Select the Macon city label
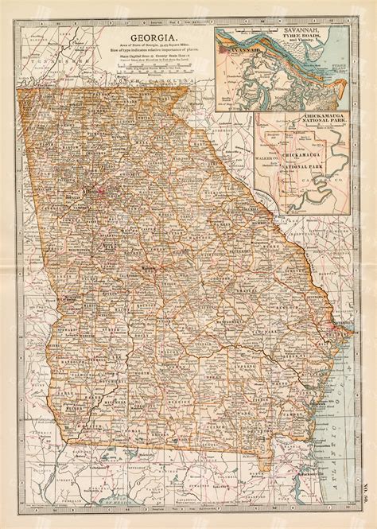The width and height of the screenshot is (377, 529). (x=150, y=267)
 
